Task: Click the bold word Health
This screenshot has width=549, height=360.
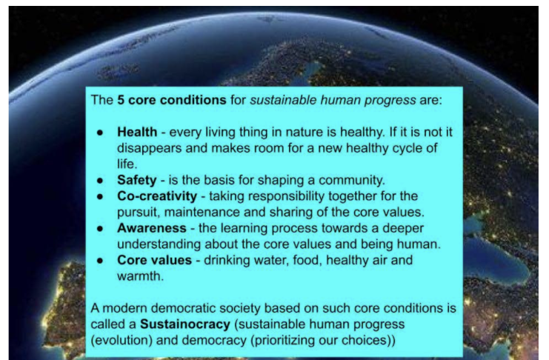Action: [x=137, y=132]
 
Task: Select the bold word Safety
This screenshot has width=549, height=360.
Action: [x=137, y=180]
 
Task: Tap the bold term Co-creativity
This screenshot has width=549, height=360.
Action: [x=157, y=196]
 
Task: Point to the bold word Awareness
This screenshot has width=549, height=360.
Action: [x=152, y=228]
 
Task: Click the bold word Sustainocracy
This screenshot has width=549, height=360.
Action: [x=185, y=324]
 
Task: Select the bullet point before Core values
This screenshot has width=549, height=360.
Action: [x=100, y=261]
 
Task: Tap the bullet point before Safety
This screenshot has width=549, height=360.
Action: [x=100, y=180]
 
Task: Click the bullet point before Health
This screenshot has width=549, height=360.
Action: [x=100, y=133]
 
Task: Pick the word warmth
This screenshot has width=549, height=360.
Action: [x=141, y=276]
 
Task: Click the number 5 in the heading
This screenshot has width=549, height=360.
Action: [x=121, y=100]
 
